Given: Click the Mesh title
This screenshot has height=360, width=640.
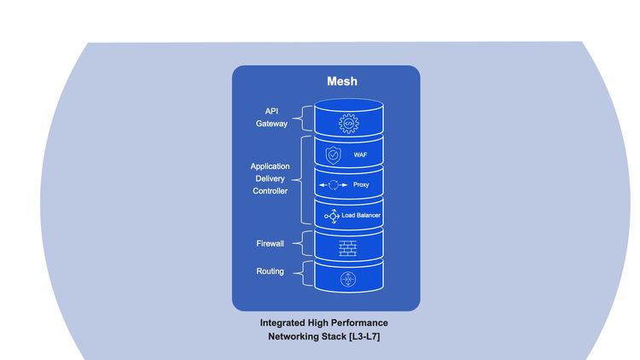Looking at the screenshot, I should coord(342,82).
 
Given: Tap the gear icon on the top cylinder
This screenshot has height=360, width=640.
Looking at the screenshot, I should coord(348,124).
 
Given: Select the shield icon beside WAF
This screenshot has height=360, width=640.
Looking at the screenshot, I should coord(333,155).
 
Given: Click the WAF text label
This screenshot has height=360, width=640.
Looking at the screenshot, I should coord(360,155).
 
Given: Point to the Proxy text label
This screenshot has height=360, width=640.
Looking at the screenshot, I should coord(361,184).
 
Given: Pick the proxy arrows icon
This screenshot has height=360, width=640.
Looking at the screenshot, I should coord(333,184).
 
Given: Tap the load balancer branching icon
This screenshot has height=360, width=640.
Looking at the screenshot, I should coord(332,216).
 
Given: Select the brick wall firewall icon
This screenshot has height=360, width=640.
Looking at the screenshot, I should coord(347,247).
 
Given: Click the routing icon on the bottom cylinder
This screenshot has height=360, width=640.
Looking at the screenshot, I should coord(347,279).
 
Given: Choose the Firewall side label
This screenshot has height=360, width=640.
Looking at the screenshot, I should coord(271,244).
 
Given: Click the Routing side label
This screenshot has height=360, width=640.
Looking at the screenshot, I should coord(271,272).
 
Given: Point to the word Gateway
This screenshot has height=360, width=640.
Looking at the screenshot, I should coord(271,124).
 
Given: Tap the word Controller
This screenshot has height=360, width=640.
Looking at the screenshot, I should coord(270,191).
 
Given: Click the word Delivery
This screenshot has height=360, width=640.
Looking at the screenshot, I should coord(270,179).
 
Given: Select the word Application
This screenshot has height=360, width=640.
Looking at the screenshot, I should coord(270,166).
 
